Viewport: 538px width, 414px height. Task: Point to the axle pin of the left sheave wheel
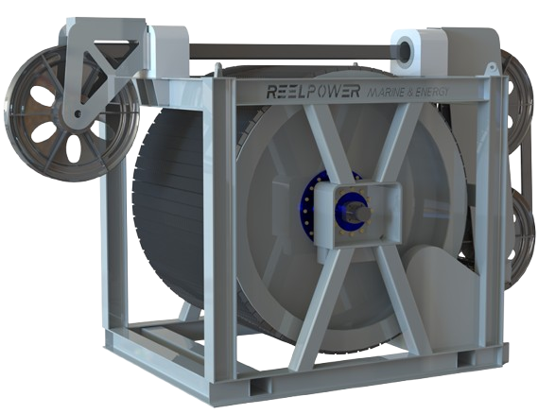(x=72, y=115)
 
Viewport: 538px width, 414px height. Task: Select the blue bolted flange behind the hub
(x=311, y=203)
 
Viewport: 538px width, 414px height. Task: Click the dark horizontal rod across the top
(x=284, y=49)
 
